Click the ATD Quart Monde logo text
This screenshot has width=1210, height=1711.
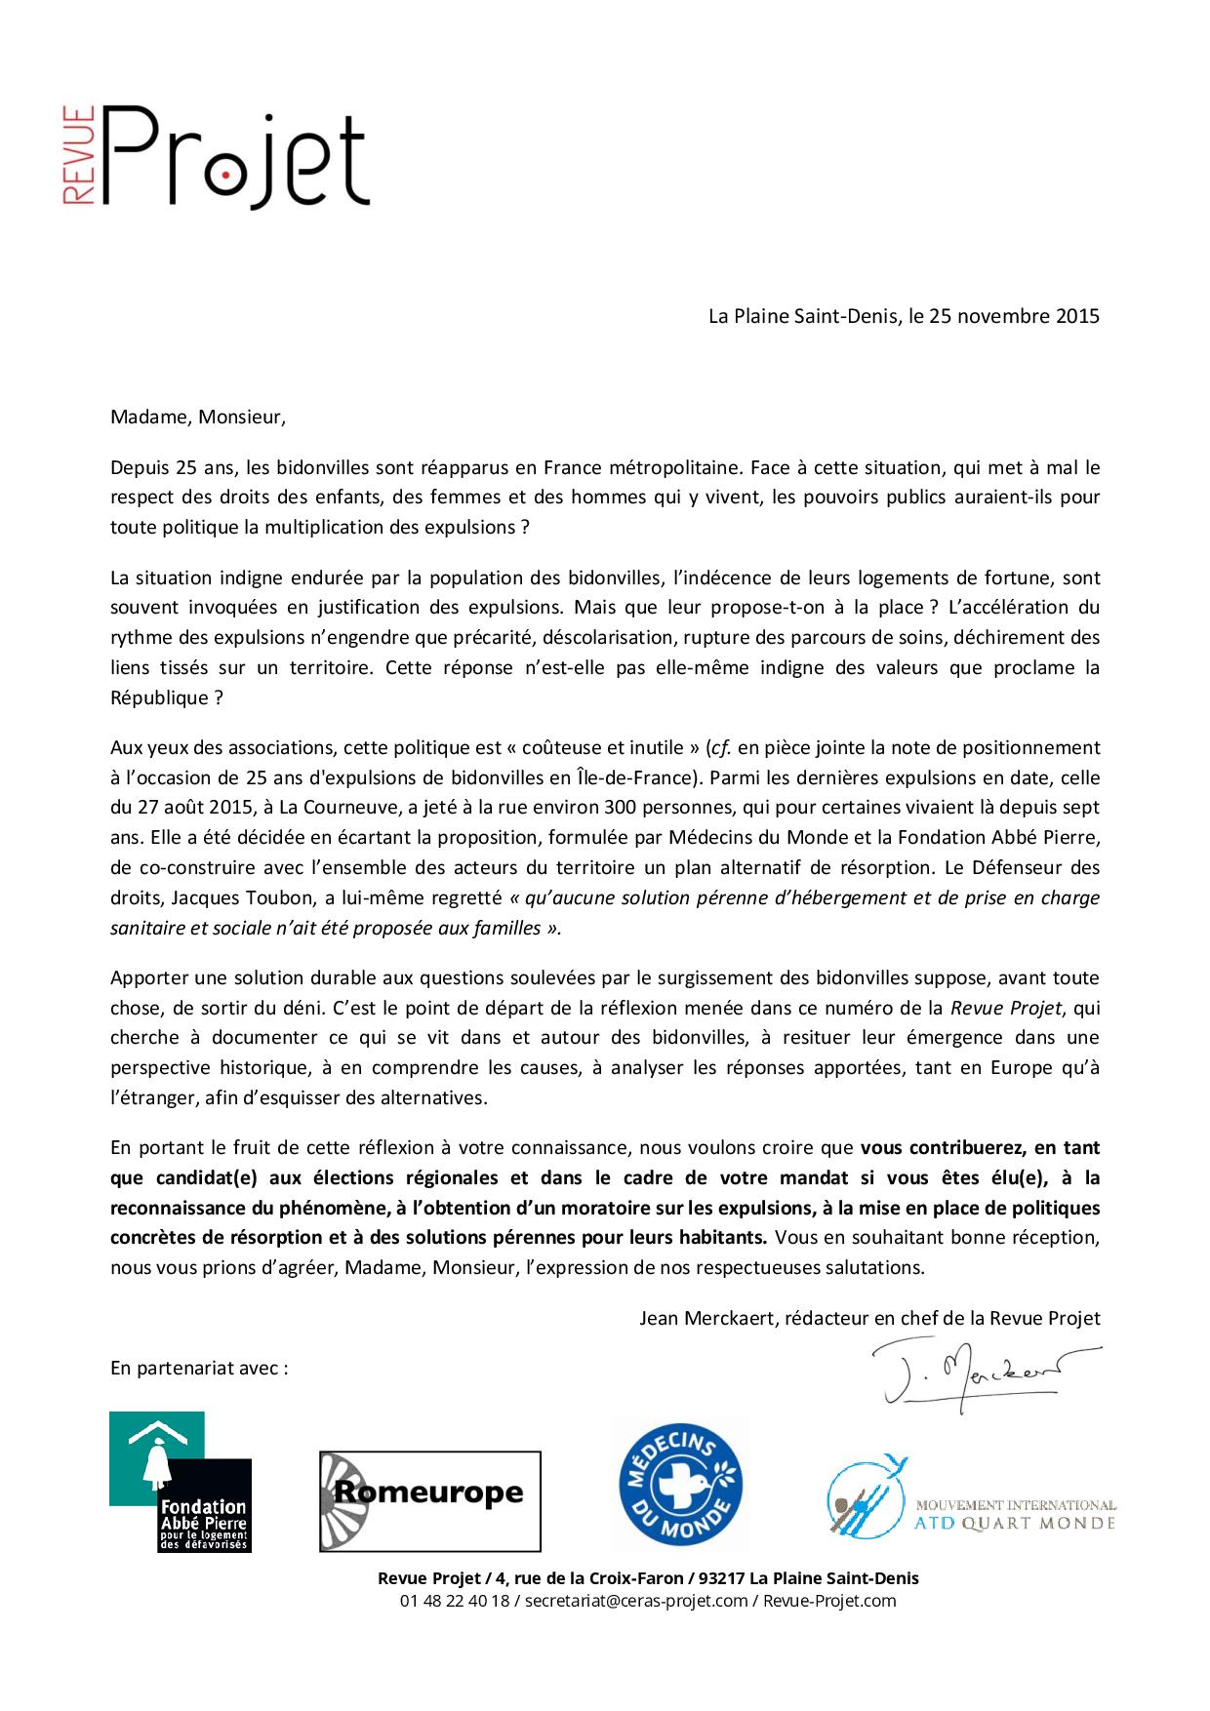click(x=1015, y=1515)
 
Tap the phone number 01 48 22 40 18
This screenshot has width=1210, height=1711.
click(x=454, y=1601)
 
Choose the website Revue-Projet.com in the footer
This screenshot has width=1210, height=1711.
click(x=829, y=1601)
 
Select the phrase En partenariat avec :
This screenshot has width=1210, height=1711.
click(x=199, y=1368)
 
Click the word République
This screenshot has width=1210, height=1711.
click(x=159, y=698)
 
